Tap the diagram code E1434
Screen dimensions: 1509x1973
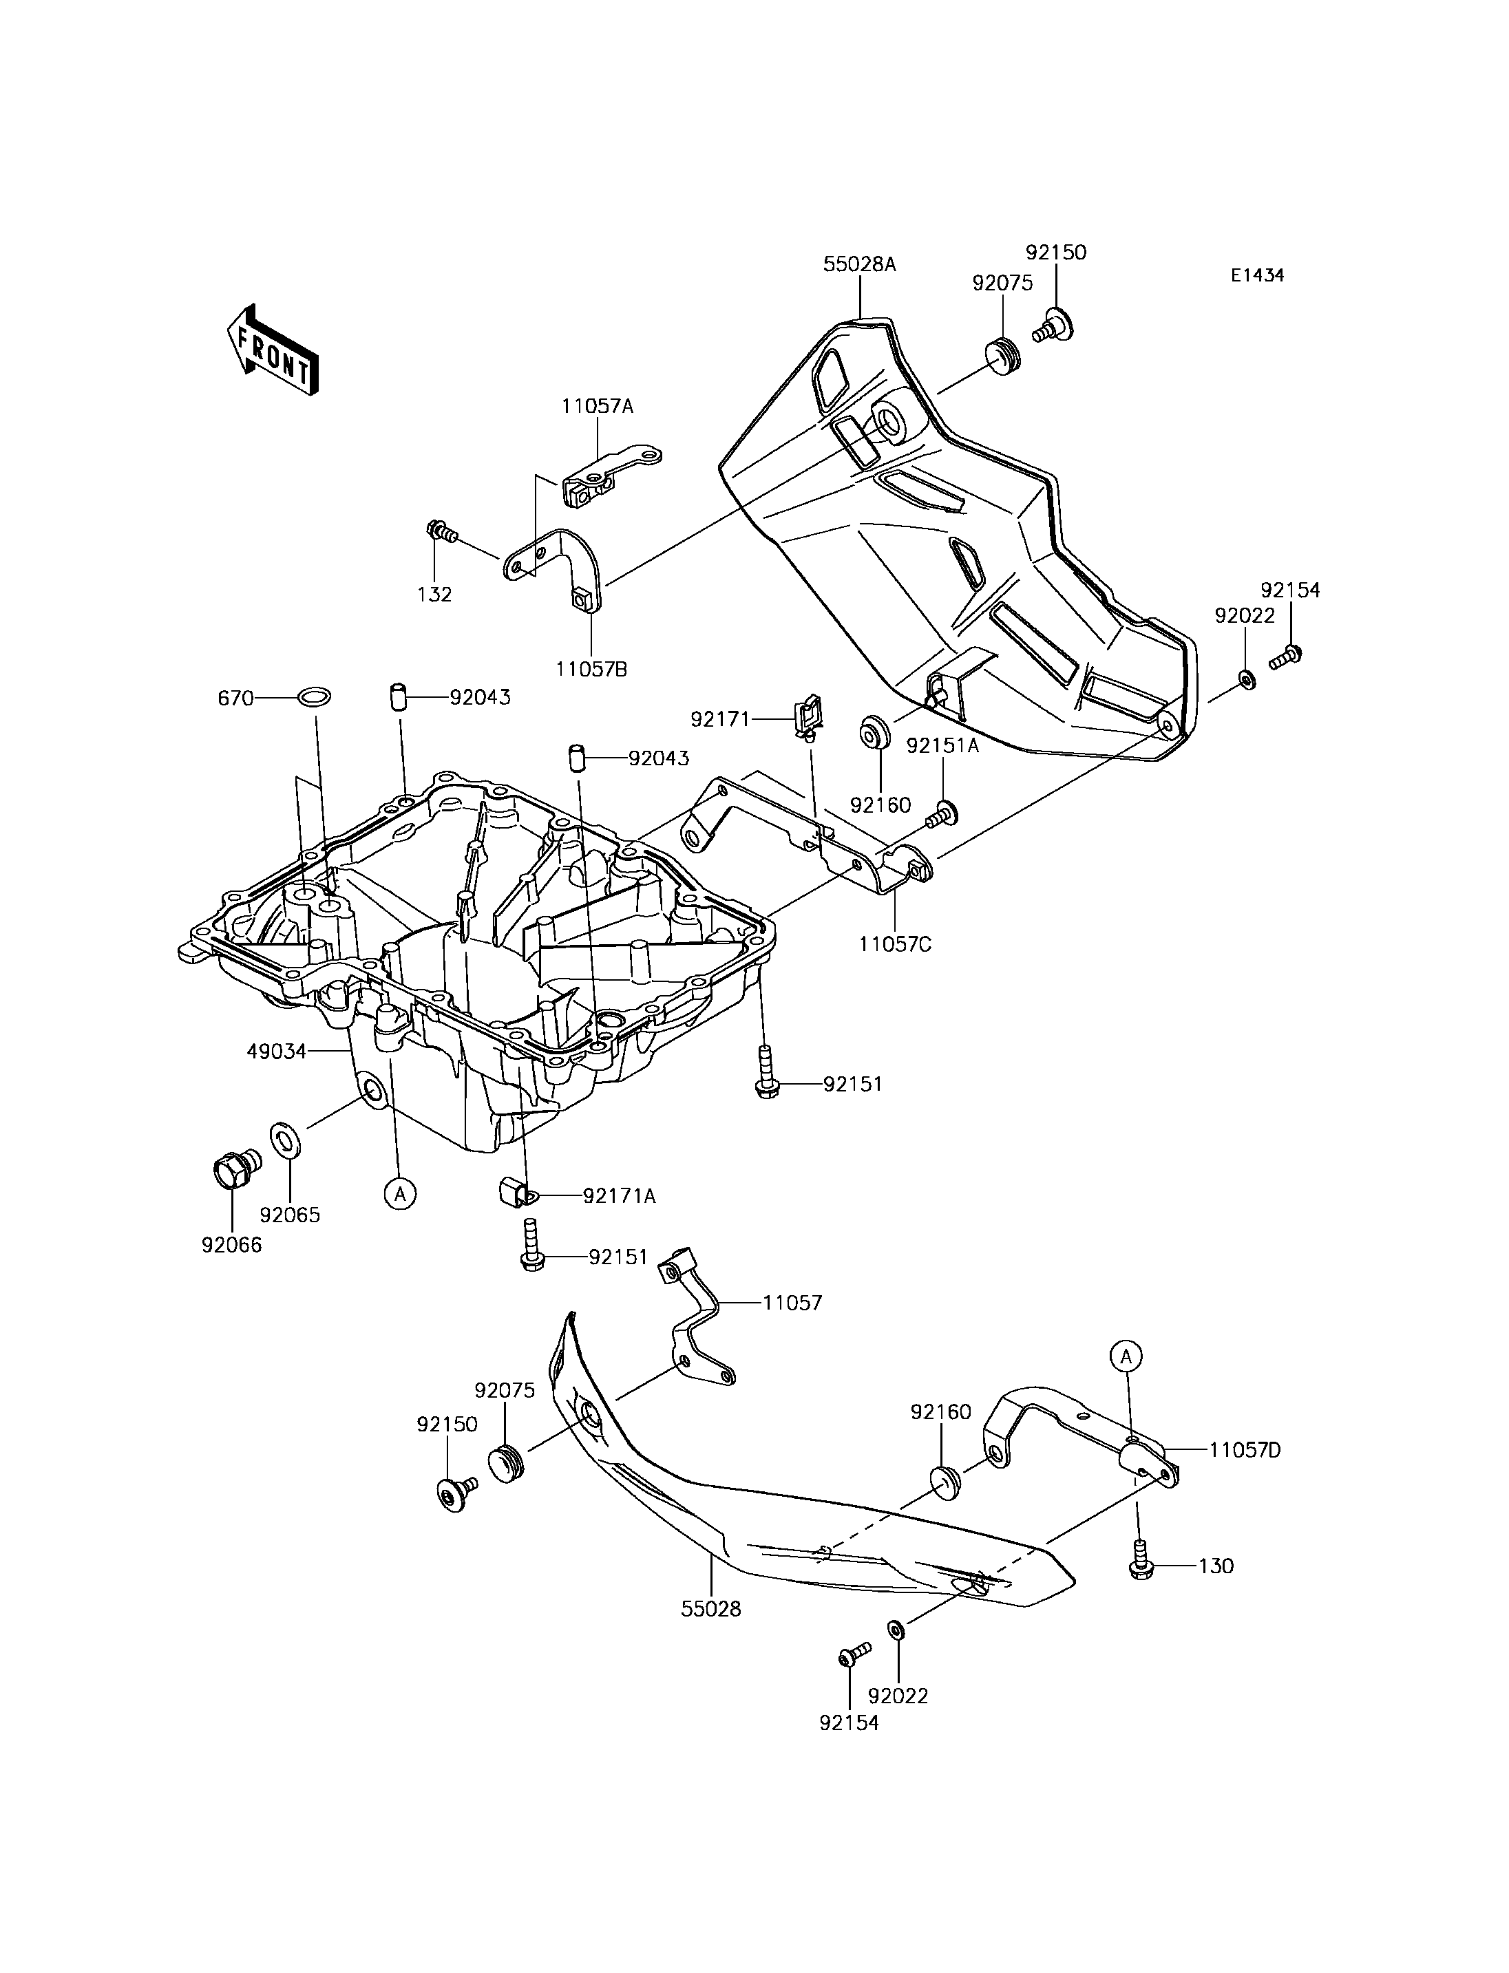pos(1258,276)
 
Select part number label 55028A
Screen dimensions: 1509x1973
pos(860,265)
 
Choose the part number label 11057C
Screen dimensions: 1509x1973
pos(895,945)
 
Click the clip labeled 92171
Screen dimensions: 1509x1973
pos(807,718)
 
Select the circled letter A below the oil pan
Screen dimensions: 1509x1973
pos(400,1193)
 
